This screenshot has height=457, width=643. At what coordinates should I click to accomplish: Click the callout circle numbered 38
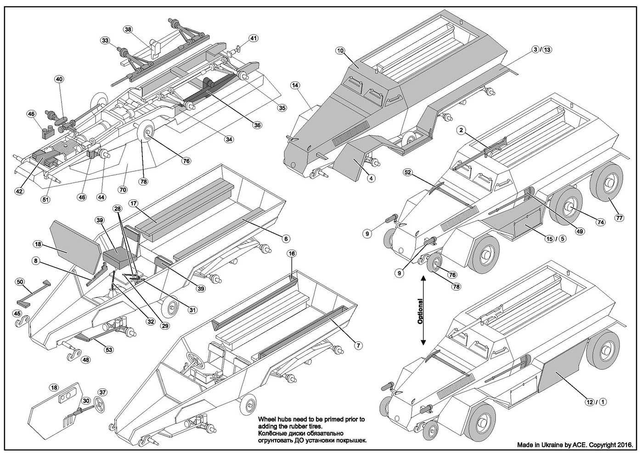128,29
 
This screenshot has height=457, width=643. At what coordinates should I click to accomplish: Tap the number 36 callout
257,125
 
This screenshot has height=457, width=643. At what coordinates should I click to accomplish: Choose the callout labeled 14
295,85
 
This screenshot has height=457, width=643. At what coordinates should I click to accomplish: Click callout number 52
407,173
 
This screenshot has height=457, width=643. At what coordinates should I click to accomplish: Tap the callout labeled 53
109,350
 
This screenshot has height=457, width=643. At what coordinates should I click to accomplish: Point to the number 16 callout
292,254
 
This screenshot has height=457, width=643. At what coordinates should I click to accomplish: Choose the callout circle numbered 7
359,345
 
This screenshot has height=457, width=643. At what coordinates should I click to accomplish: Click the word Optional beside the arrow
420,312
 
